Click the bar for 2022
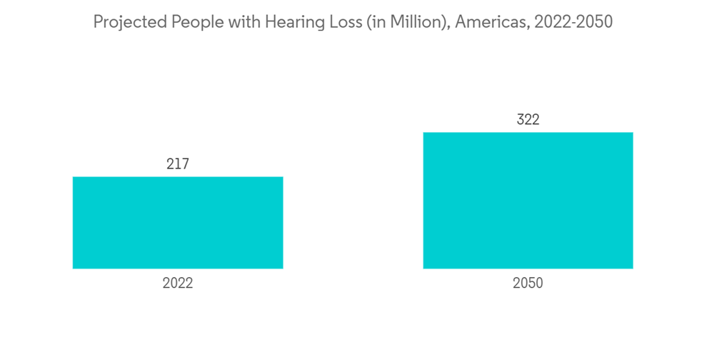[178, 223]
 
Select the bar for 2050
[528, 201]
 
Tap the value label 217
[178, 164]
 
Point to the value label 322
[528, 120]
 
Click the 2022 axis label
[178, 284]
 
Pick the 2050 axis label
[528, 284]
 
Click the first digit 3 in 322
[521, 120]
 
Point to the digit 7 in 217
[186, 164]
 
